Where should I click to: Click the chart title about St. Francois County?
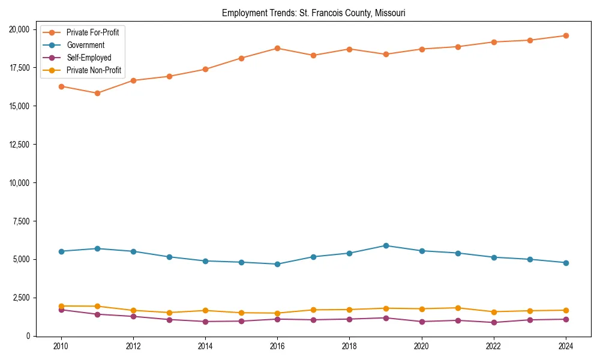[313, 13]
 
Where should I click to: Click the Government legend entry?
[85, 45]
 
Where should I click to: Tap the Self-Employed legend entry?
[89, 58]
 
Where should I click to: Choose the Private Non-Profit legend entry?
[94, 70]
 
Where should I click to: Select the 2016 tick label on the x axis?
[277, 346]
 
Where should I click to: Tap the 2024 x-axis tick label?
[565, 346]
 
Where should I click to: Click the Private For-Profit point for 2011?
[97, 93]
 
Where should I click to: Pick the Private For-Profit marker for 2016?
[277, 48]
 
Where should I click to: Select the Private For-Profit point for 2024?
[565, 35]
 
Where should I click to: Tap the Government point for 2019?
[385, 245]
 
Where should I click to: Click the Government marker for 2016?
[277, 264]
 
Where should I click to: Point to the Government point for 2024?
[565, 263]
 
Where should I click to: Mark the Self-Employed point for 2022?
[493, 322]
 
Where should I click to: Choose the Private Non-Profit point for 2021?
[457, 308]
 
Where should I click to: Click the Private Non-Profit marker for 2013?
[169, 313]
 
